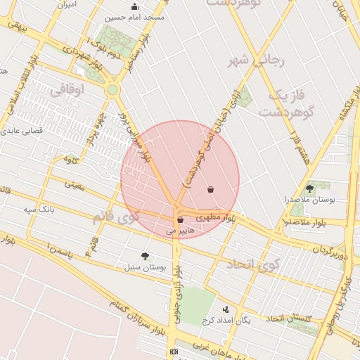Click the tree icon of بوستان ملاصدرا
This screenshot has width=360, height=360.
[x=309, y=188]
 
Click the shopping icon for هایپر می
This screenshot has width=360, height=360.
[x=181, y=220]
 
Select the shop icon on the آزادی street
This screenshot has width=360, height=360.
[x=211, y=189]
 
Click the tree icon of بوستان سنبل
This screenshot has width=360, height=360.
[x=146, y=256]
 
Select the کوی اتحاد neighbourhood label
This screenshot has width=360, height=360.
[x=252, y=265]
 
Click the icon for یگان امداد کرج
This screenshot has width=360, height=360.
[x=226, y=309]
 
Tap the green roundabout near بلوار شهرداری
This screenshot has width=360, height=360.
[x=112, y=90]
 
